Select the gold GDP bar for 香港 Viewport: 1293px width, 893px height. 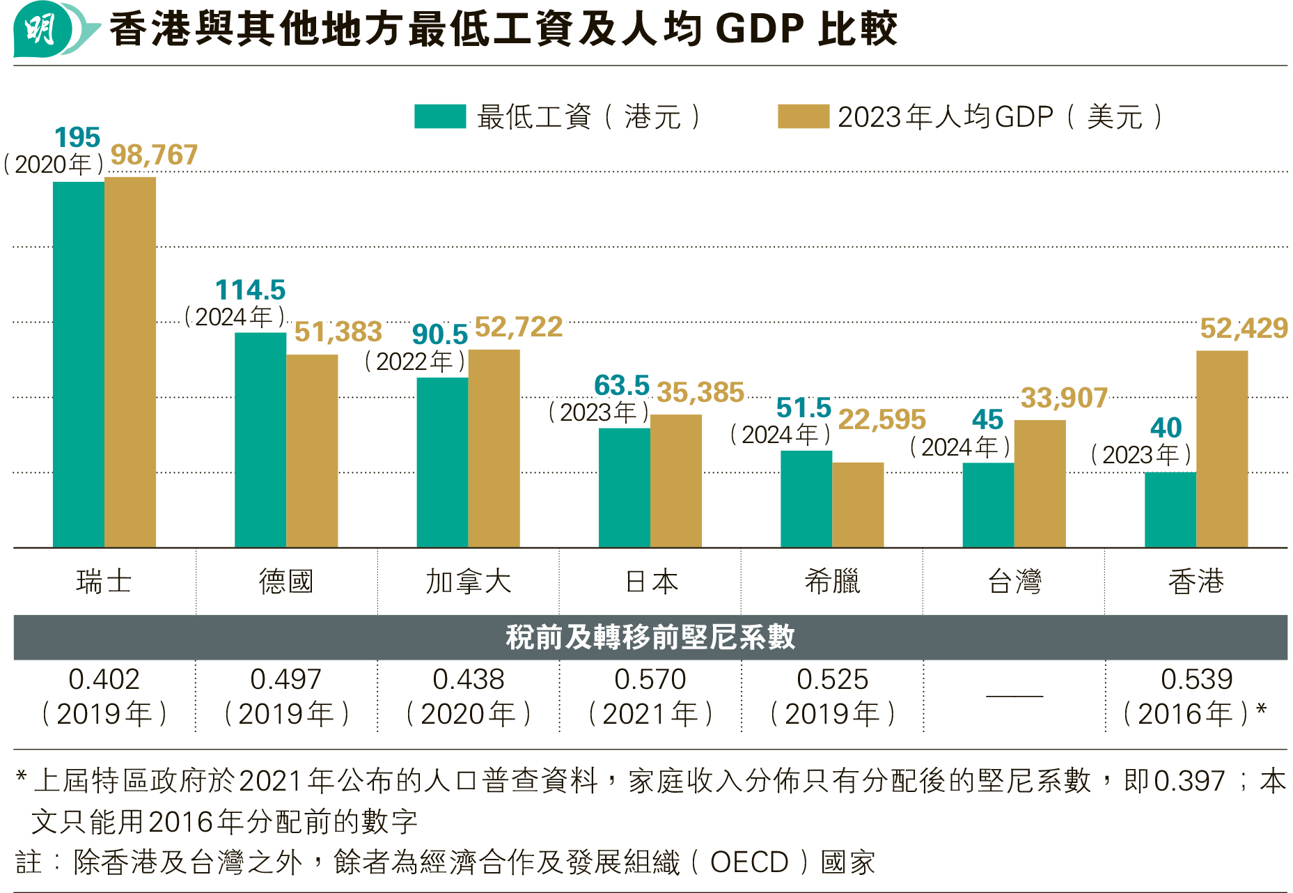(1221, 449)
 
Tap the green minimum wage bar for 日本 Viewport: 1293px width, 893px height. (624, 488)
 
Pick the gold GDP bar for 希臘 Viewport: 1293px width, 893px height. (858, 504)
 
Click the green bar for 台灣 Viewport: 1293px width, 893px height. (988, 504)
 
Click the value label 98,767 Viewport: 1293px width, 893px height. (154, 155)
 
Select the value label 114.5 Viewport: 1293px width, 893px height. (250, 290)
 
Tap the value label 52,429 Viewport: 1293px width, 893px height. (1244, 328)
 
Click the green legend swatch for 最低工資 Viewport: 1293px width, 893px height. (439, 116)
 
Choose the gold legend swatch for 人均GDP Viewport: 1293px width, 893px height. (803, 116)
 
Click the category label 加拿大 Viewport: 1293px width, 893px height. (468, 581)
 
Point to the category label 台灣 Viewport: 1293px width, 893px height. (1014, 581)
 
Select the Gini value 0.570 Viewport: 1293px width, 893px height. (650, 679)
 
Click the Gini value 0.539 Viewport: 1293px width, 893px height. (1196, 679)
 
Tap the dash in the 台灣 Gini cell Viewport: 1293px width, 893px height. (1014, 696)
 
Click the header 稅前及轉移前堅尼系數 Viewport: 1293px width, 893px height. (650, 637)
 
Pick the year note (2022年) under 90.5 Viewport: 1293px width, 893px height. (415, 362)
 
